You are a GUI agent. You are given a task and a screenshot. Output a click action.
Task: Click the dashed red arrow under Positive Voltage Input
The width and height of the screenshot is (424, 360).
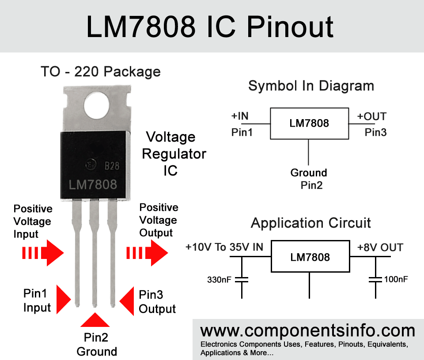pyautogui.click(x=43, y=253)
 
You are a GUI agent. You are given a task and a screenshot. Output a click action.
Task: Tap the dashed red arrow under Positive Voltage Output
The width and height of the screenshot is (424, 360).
pyautogui.click(x=147, y=253)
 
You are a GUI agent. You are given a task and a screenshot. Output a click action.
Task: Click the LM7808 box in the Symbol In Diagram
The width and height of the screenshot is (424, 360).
pyautogui.click(x=309, y=123)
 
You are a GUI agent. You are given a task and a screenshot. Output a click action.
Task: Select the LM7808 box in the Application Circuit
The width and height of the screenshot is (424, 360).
pyautogui.click(x=310, y=257)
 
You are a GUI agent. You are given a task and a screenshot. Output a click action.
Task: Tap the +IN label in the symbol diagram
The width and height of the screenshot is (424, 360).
pyautogui.click(x=240, y=116)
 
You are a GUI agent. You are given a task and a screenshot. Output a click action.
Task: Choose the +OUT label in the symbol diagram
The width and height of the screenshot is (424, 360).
pyautogui.click(x=372, y=116)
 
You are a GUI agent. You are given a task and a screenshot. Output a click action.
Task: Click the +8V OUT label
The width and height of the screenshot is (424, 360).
pyautogui.click(x=380, y=247)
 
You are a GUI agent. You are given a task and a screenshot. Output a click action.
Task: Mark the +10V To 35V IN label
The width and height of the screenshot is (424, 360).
pyautogui.click(x=224, y=247)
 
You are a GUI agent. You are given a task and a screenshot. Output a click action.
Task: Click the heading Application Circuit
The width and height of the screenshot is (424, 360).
pyautogui.click(x=311, y=223)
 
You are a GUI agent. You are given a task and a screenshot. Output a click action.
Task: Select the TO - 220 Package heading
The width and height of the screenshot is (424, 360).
pyautogui.click(x=101, y=71)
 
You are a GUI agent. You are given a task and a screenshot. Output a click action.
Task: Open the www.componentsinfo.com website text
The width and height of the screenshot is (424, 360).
pyautogui.click(x=308, y=331)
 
